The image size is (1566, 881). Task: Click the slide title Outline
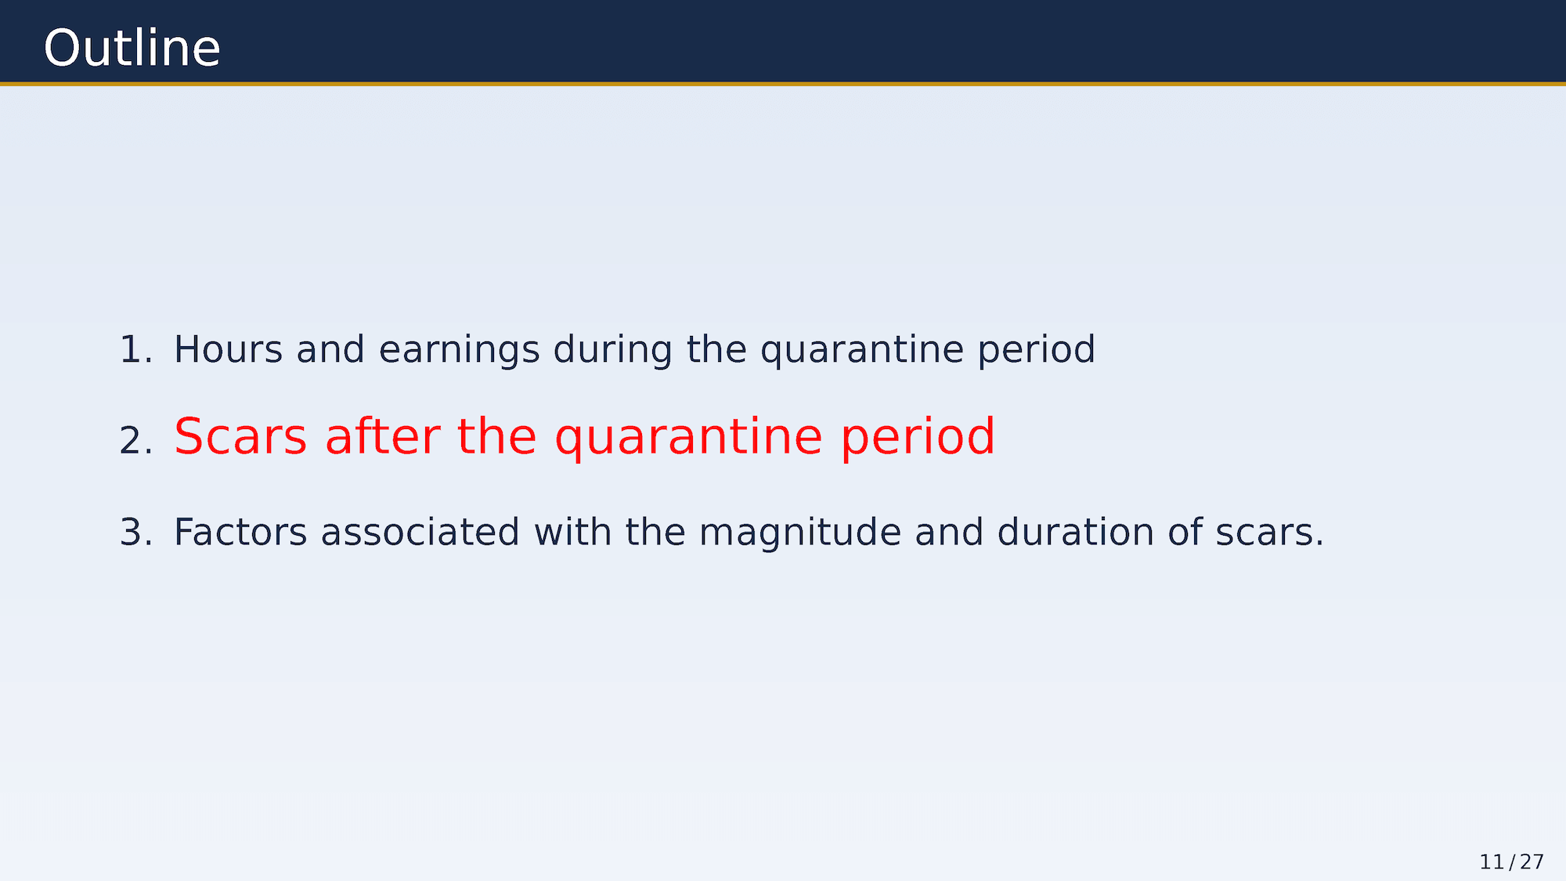pos(132,49)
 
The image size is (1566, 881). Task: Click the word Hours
pos(228,349)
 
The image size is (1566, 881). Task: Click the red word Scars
pos(240,437)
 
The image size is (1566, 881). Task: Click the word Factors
pos(240,533)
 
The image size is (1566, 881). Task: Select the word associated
pos(420,533)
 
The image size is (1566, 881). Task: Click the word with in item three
pos(572,533)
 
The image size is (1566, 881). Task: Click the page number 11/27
pos(1512,862)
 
